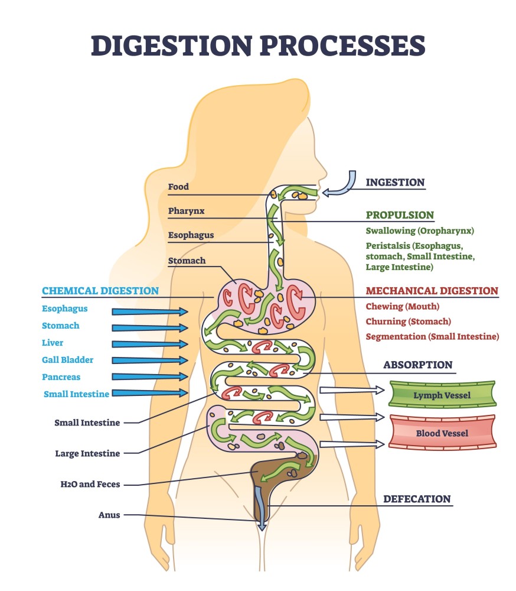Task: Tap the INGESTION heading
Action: tap(395, 182)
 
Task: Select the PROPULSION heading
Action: tap(400, 215)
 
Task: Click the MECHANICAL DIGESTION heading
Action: tap(432, 291)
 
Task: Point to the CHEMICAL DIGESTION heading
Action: tap(100, 291)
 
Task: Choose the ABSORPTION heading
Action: tap(417, 365)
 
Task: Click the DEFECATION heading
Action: tap(417, 499)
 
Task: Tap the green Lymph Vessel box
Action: tap(442, 395)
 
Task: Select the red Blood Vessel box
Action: tap(442, 433)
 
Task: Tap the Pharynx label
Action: tap(186, 211)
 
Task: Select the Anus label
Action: tap(109, 515)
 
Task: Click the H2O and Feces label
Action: tap(90, 484)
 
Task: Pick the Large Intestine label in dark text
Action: tap(87, 454)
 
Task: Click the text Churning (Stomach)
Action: tap(408, 322)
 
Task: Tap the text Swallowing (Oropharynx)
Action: tap(420, 230)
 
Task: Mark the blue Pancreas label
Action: tap(61, 377)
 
